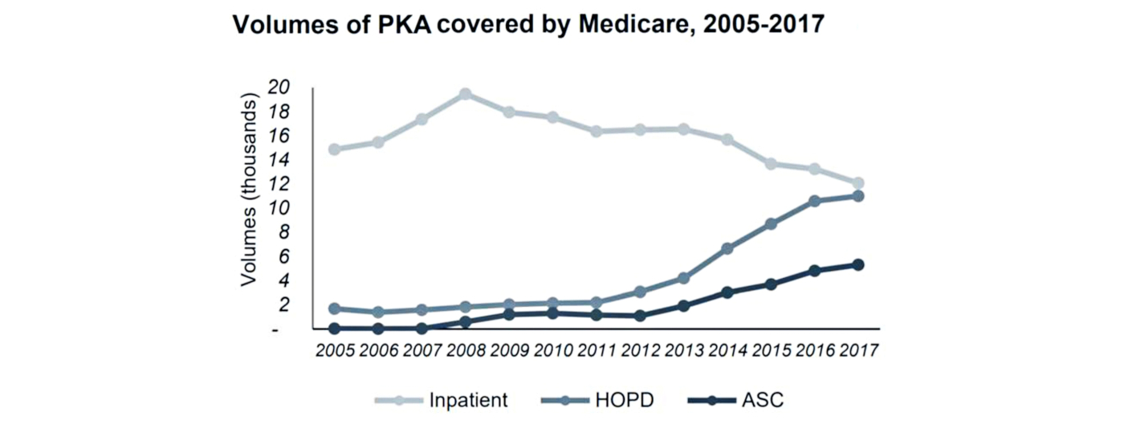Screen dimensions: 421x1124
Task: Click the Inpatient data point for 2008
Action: pyautogui.click(x=465, y=94)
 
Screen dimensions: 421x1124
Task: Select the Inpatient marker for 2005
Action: pyautogui.click(x=334, y=149)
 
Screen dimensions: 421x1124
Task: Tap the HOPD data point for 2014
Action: pyautogui.click(x=727, y=249)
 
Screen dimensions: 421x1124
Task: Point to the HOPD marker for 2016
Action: pyautogui.click(x=815, y=201)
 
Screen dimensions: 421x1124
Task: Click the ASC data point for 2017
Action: pyautogui.click(x=858, y=264)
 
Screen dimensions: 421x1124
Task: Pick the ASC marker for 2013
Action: pyautogui.click(x=684, y=306)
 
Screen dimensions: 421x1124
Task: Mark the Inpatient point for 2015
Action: pyautogui.click(x=771, y=164)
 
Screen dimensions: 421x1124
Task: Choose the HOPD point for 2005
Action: pyautogui.click(x=334, y=309)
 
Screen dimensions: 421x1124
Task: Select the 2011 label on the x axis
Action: pyautogui.click(x=596, y=351)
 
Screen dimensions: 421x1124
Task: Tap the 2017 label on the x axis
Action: pyautogui.click(x=857, y=351)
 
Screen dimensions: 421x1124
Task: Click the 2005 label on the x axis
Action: pyautogui.click(x=334, y=351)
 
